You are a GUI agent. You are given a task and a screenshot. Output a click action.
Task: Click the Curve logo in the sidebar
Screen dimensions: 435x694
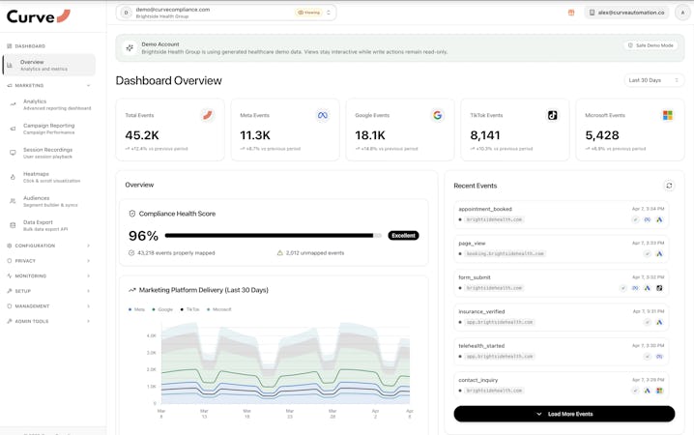[x=38, y=15]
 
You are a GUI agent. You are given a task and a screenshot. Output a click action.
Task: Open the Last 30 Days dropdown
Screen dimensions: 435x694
[x=654, y=80]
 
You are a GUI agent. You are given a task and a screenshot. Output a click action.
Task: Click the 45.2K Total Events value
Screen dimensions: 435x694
[x=142, y=135]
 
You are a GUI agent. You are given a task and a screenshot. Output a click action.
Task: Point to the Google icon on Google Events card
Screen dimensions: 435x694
[x=437, y=115]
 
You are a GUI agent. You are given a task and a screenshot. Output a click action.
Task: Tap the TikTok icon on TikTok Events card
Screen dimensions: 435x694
[x=552, y=115]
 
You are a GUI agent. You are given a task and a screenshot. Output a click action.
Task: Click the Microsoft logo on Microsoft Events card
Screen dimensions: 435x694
[x=667, y=115]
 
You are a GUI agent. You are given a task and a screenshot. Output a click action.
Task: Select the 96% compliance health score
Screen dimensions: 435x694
[x=143, y=236]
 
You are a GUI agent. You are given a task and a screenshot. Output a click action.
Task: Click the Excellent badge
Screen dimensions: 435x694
[x=403, y=236]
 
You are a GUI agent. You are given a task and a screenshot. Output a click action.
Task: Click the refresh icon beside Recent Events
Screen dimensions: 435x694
[x=668, y=186]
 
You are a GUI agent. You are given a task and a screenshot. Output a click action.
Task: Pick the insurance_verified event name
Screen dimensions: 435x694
[x=481, y=311]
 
